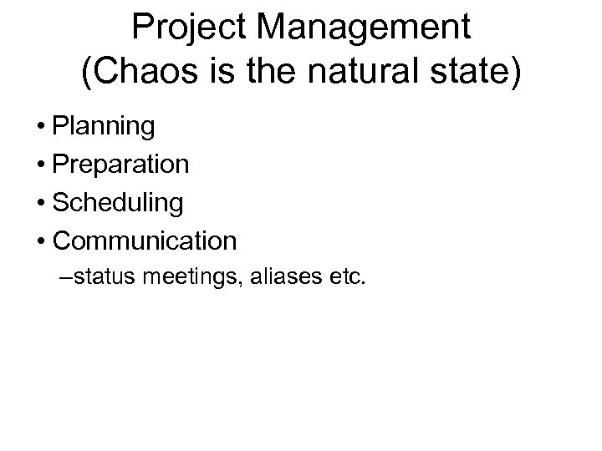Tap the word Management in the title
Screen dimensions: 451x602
click(x=364, y=28)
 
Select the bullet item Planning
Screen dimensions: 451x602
click(x=103, y=127)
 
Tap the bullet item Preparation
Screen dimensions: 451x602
click(x=120, y=165)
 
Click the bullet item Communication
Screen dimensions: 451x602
click(x=144, y=241)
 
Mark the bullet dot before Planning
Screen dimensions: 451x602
click(x=40, y=128)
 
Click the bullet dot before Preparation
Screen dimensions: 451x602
click(x=40, y=165)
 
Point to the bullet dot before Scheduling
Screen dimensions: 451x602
click(x=40, y=204)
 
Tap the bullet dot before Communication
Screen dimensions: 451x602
click(x=40, y=242)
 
